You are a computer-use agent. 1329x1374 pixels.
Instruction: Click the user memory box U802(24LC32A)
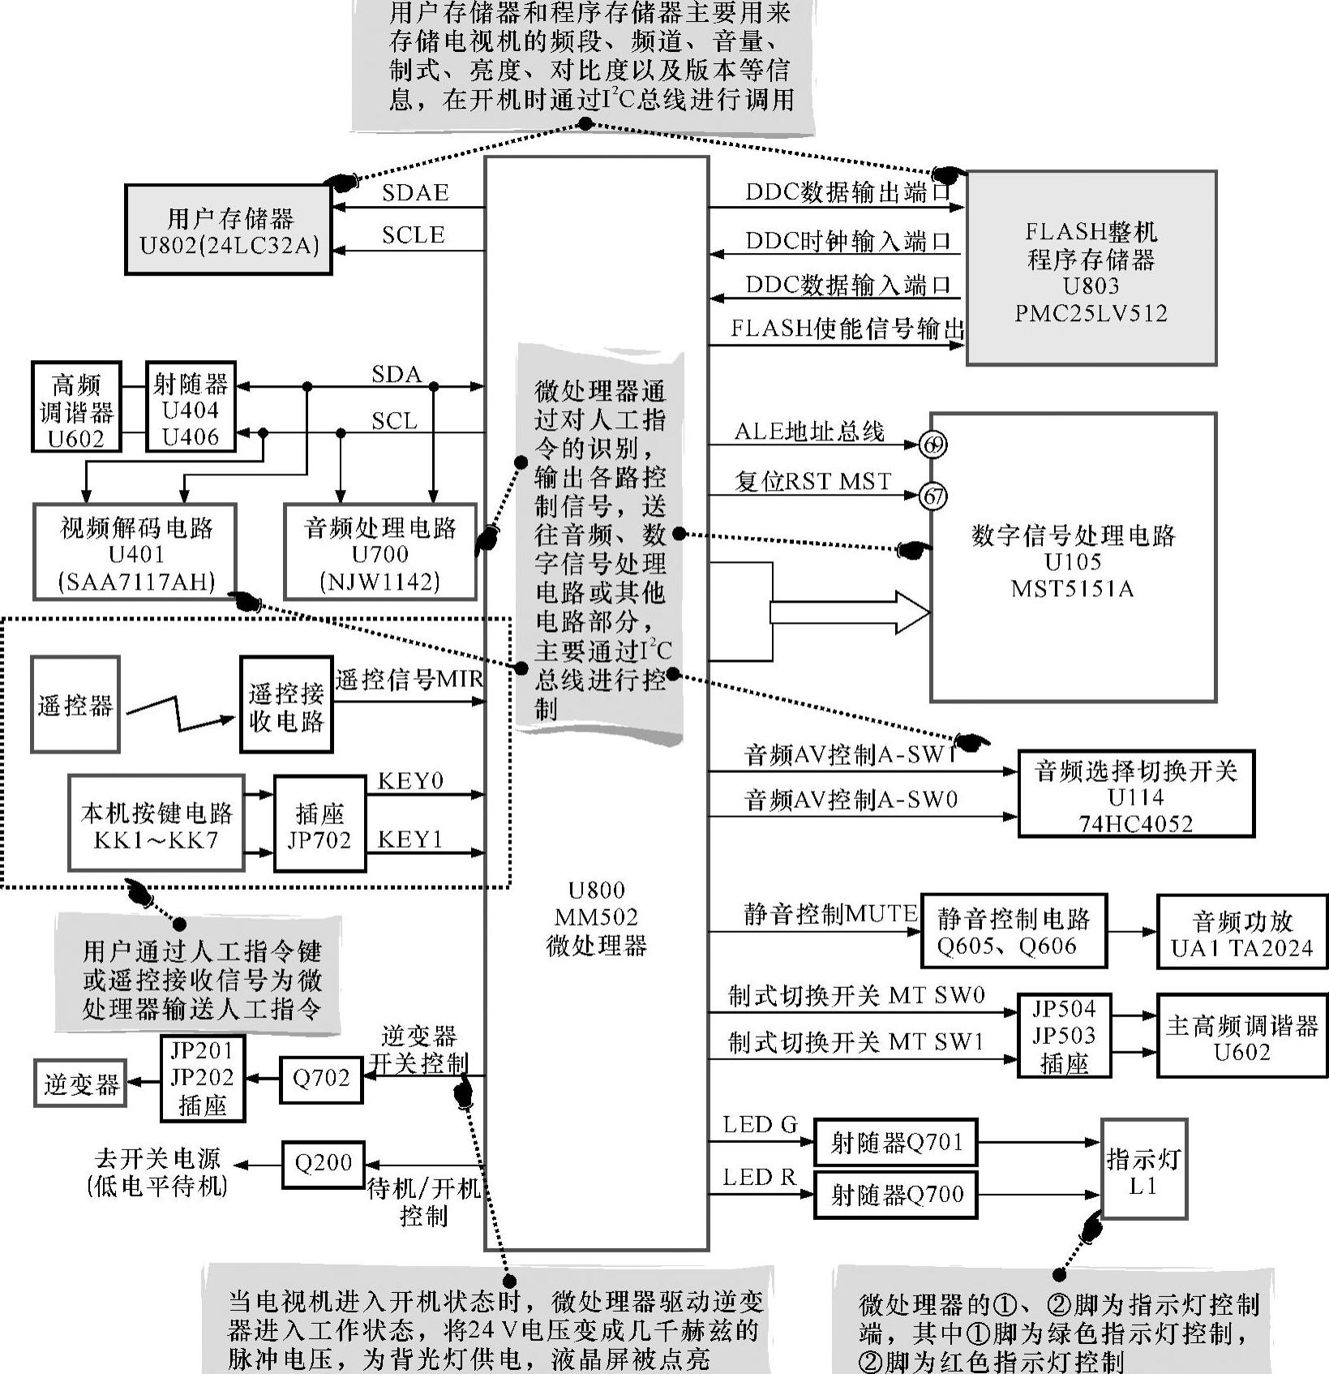pos(229,230)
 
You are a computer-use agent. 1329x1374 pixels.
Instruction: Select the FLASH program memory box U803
pos(1091,268)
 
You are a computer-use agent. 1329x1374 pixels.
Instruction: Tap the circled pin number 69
pos(933,444)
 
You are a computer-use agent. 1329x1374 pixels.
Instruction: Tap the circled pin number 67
pos(933,496)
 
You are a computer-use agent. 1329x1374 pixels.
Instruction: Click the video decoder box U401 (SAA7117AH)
pos(135,554)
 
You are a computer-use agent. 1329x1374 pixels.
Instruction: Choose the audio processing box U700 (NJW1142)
pos(379,554)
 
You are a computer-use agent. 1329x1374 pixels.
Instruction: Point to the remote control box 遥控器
pos(75,705)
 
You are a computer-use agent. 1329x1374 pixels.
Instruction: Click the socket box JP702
pos(319,824)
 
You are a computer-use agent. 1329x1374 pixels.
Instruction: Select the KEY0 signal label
pos(410,781)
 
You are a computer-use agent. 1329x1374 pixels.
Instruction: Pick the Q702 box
pos(321,1080)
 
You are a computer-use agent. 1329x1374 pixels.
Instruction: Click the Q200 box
pos(323,1164)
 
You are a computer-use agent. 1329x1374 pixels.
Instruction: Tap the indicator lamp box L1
pos(1143,1170)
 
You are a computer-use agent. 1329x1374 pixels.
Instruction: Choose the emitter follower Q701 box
pos(895,1142)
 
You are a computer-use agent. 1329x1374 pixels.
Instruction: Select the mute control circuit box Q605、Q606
pos(1014,931)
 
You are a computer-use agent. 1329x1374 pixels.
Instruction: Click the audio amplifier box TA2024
pos(1241,933)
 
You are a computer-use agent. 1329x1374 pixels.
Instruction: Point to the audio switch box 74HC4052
pos(1135,795)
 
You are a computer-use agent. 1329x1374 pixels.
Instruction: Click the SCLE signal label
pos(413,235)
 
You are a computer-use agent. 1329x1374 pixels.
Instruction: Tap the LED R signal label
pos(760,1178)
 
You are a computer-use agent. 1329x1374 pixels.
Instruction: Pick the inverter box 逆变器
pos(81,1084)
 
